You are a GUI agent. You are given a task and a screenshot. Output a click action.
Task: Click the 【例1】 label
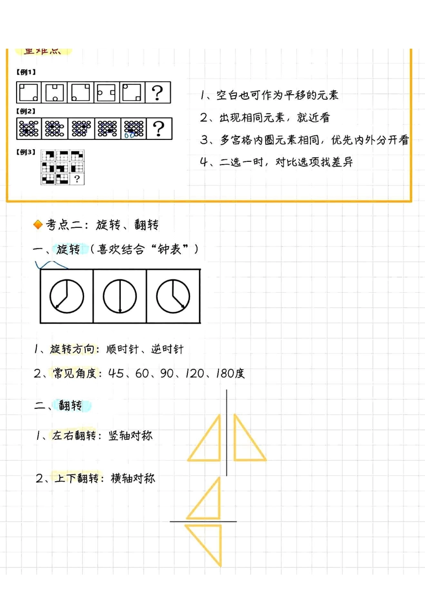[x=26, y=72]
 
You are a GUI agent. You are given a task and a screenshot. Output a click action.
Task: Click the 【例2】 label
[x=26, y=111]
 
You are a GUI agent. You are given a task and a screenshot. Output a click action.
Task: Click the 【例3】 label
[x=26, y=152]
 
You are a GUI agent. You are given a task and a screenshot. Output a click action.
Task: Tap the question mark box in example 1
[x=158, y=93]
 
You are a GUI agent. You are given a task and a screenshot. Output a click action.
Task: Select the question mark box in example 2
[x=159, y=129]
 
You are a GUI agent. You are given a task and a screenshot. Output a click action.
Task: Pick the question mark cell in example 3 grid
[x=77, y=179]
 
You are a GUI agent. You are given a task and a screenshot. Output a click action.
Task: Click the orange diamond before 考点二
[x=38, y=225]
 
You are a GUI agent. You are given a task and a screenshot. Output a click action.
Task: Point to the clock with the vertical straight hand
[x=120, y=296]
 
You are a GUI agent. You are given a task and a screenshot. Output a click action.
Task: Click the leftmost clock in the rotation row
[x=67, y=296]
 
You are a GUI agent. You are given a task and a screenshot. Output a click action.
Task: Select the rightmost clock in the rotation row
[x=173, y=296]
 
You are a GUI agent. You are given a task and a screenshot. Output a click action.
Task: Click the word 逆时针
[x=167, y=349]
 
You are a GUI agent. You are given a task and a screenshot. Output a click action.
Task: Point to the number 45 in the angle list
[x=116, y=374]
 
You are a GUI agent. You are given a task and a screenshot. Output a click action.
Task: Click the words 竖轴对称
[x=131, y=436]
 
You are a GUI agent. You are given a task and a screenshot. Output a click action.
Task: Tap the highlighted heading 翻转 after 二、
[x=71, y=406]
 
